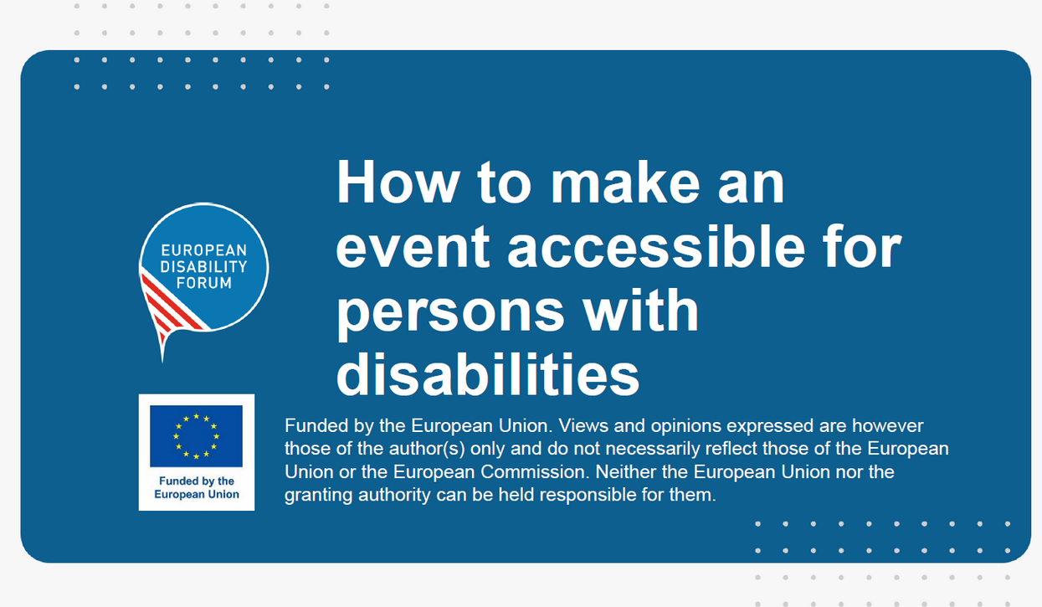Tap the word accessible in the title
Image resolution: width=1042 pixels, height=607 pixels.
(x=656, y=246)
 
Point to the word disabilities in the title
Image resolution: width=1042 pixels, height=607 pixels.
(x=488, y=373)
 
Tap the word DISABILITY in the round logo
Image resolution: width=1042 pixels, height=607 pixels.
(x=203, y=267)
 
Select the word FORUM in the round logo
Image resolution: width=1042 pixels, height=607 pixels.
(x=203, y=283)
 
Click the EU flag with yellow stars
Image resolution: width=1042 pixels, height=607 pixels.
(x=196, y=435)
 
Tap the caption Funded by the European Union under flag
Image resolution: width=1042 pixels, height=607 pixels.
(x=197, y=487)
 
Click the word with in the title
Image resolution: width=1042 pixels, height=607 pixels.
(x=640, y=310)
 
